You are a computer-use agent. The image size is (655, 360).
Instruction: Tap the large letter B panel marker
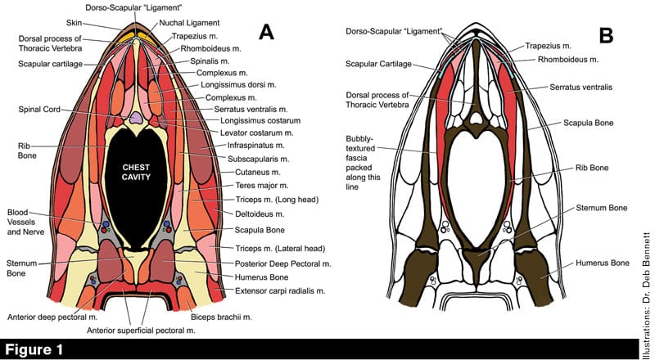coord(606,35)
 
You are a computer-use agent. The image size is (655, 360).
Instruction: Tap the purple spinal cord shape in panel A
coord(137,119)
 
